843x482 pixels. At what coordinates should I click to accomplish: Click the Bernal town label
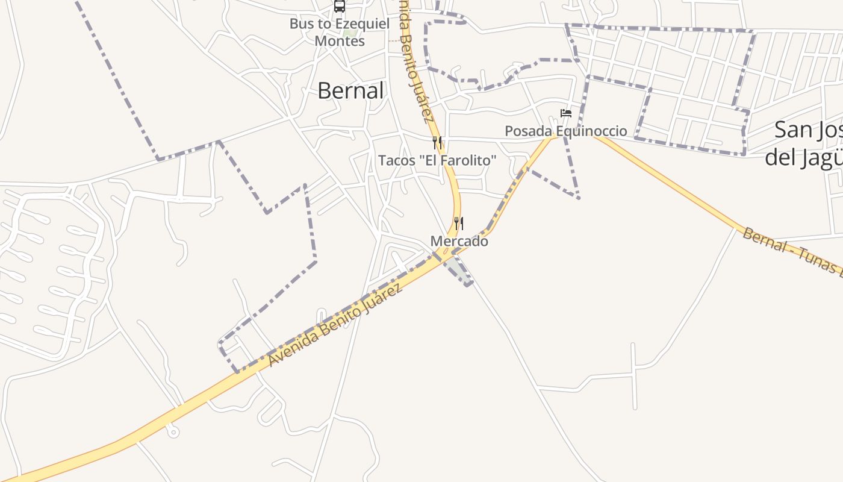pyautogui.click(x=350, y=91)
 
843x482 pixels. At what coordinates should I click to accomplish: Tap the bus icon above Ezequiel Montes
pyautogui.click(x=340, y=6)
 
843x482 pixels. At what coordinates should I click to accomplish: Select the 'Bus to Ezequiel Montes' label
pyautogui.click(x=340, y=33)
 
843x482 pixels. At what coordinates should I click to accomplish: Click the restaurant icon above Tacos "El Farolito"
pyautogui.click(x=438, y=143)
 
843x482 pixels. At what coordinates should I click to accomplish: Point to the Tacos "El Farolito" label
pyautogui.click(x=437, y=160)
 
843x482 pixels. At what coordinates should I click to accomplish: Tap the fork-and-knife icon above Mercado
pyautogui.click(x=459, y=224)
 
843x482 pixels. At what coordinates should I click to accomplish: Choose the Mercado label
pyautogui.click(x=459, y=241)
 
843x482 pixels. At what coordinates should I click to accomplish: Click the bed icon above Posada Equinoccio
pyautogui.click(x=566, y=113)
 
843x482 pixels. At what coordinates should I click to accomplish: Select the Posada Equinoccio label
pyautogui.click(x=565, y=131)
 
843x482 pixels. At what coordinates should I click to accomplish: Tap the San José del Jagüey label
pyautogui.click(x=804, y=143)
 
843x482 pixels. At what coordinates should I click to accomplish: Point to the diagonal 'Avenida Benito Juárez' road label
pyautogui.click(x=335, y=325)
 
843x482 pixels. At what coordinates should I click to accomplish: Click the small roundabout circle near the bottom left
pyautogui.click(x=173, y=432)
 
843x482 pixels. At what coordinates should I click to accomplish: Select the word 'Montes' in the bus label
pyautogui.click(x=340, y=41)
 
